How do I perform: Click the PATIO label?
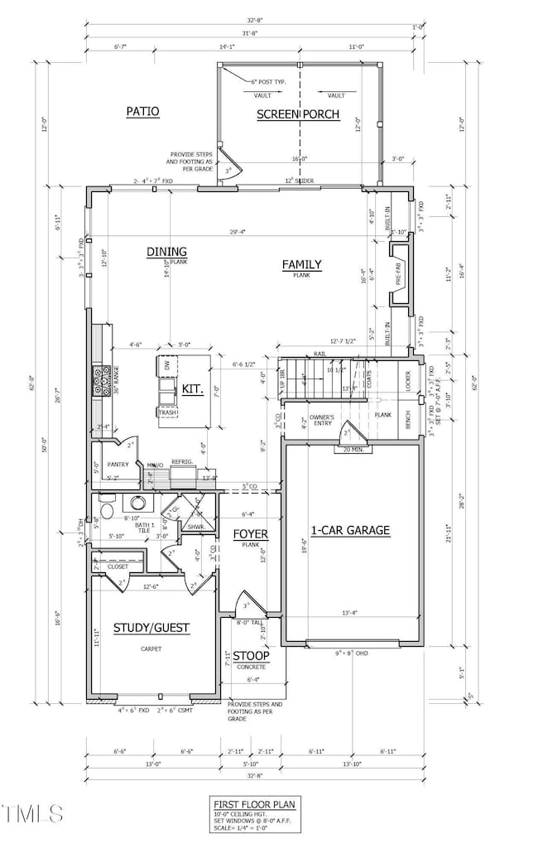coord(142,111)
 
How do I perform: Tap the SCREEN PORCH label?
coord(298,114)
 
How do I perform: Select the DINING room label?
coord(166,252)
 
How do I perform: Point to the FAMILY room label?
coord(301,265)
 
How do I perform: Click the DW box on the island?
coord(166,364)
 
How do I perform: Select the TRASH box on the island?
coord(166,412)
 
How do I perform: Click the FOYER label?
coord(249,533)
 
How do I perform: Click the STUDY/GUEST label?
coord(151,628)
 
